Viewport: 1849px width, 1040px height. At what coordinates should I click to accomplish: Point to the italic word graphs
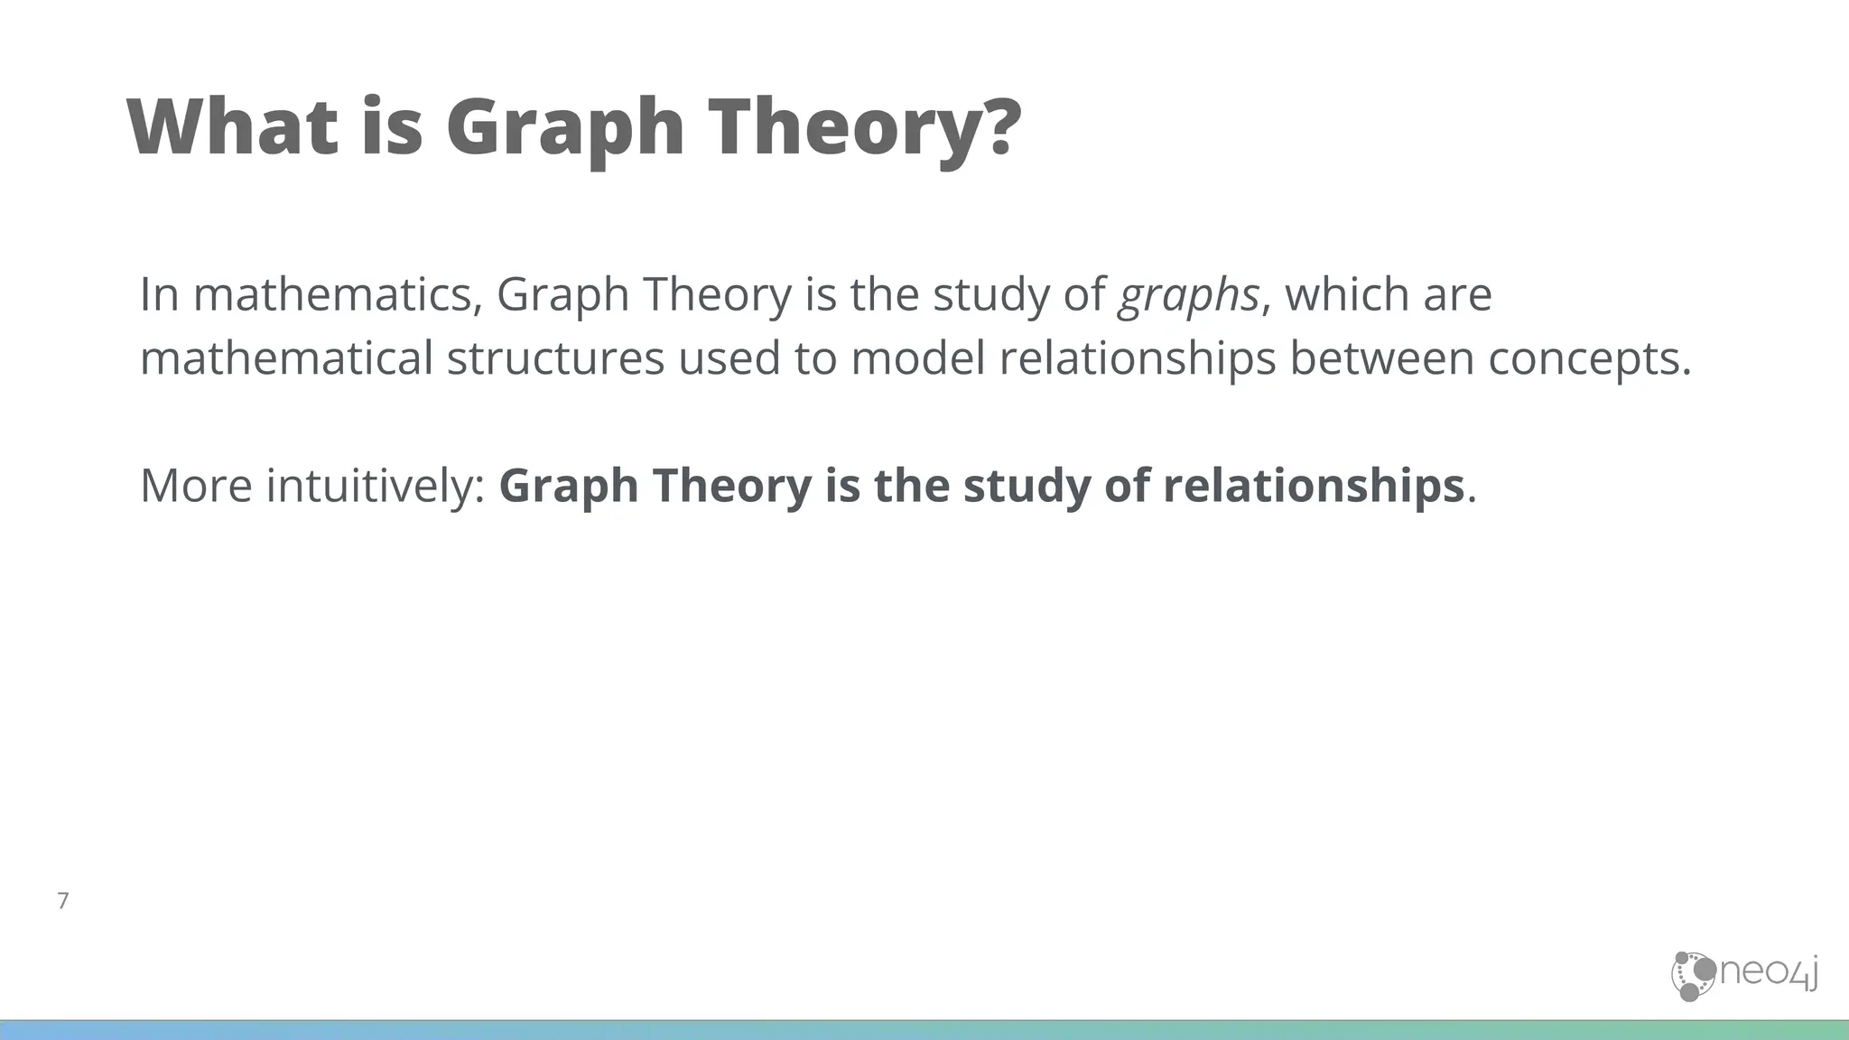(x=1187, y=296)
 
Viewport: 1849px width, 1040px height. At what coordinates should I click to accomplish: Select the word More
(x=196, y=486)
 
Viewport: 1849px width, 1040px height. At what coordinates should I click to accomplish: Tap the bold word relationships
(x=1313, y=486)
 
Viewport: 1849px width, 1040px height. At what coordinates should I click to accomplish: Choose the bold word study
(x=1026, y=486)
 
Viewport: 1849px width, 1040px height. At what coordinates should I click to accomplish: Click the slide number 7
(x=63, y=900)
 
